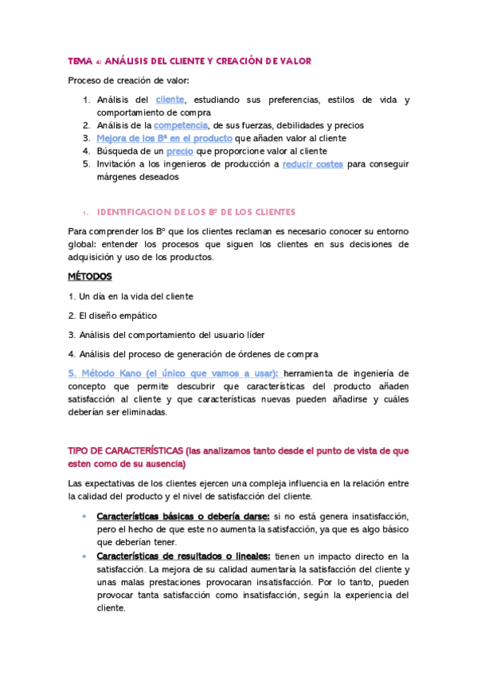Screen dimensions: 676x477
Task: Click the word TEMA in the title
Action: click(x=80, y=61)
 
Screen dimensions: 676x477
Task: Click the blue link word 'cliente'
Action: click(x=170, y=99)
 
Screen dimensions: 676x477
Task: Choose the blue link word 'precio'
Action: click(x=179, y=151)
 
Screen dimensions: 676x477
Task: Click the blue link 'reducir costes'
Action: click(x=313, y=163)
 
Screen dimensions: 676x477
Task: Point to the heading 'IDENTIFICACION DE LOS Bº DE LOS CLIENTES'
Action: click(x=196, y=212)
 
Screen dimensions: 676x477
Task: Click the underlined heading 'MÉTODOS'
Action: click(x=90, y=277)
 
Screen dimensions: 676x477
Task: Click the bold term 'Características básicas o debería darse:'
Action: click(x=183, y=517)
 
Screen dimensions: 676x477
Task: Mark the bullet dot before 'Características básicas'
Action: click(x=84, y=517)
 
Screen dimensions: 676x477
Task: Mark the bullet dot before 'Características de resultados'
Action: click(x=84, y=556)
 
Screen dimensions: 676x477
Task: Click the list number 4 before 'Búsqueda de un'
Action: click(x=87, y=151)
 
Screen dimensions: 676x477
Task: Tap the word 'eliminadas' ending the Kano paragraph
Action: click(x=140, y=413)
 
